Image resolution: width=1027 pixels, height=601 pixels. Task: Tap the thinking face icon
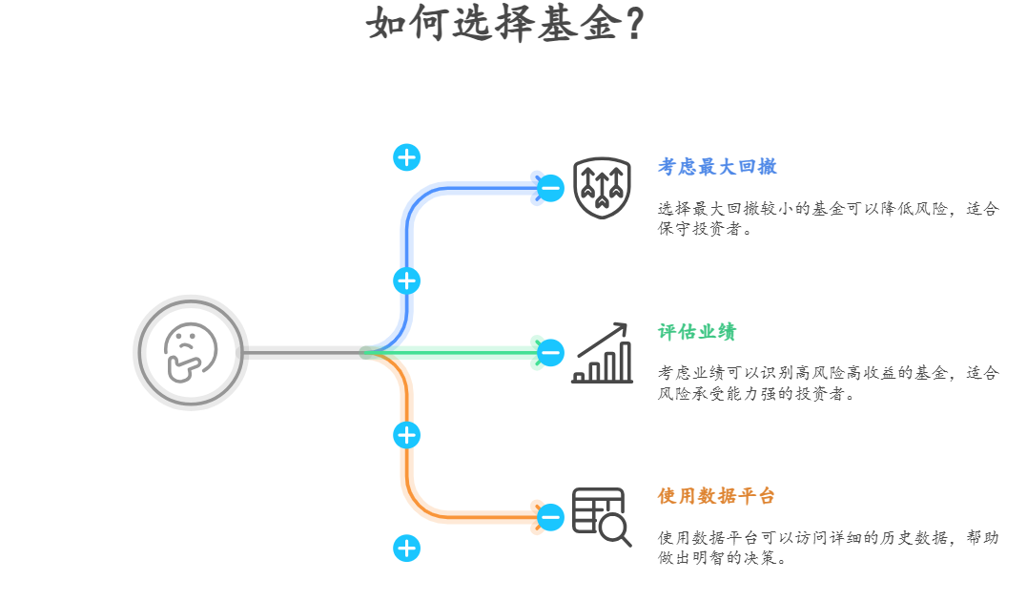click(x=191, y=352)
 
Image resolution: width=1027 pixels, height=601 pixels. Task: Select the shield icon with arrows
click(x=602, y=188)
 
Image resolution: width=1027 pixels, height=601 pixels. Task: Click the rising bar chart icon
click(x=602, y=353)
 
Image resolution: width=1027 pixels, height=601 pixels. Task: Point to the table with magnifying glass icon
click(x=602, y=516)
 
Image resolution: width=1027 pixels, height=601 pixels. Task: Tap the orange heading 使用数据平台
click(x=716, y=496)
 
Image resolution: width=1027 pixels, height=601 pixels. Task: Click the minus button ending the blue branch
click(x=551, y=188)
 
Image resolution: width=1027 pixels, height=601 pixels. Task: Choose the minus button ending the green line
click(x=551, y=353)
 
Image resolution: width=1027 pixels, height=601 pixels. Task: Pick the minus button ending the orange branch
click(x=551, y=517)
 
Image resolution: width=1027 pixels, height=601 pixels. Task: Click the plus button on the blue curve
click(x=407, y=280)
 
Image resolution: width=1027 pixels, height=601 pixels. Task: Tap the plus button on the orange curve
click(x=407, y=435)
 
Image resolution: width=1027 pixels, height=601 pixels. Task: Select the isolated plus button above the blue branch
click(x=407, y=157)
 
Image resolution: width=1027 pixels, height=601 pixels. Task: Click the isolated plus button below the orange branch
click(x=407, y=548)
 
